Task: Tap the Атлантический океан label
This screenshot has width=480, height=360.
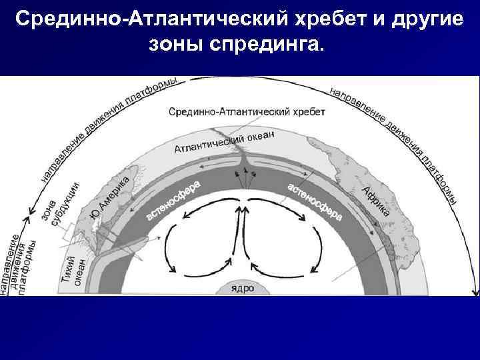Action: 224,140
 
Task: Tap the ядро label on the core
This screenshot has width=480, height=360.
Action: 241,288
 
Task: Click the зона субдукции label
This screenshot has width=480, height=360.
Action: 62,202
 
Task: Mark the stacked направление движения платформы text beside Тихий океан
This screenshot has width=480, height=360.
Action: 21,261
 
